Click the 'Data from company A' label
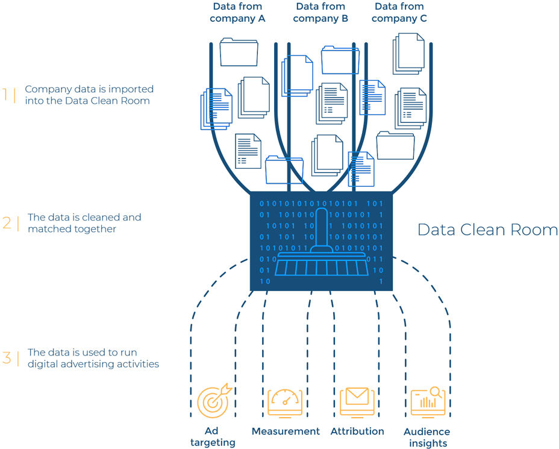(237, 13)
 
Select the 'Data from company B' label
(320, 13)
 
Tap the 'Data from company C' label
(399, 13)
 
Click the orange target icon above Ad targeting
(214, 401)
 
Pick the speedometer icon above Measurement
(285, 403)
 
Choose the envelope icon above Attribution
(357, 403)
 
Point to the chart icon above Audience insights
(428, 402)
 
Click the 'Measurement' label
(286, 431)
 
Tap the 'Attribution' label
(357, 431)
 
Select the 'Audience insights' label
(427, 437)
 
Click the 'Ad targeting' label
(213, 436)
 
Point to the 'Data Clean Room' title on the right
(487, 230)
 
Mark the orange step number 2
(7, 222)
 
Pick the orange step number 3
(7, 358)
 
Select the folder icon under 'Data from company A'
(239, 52)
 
